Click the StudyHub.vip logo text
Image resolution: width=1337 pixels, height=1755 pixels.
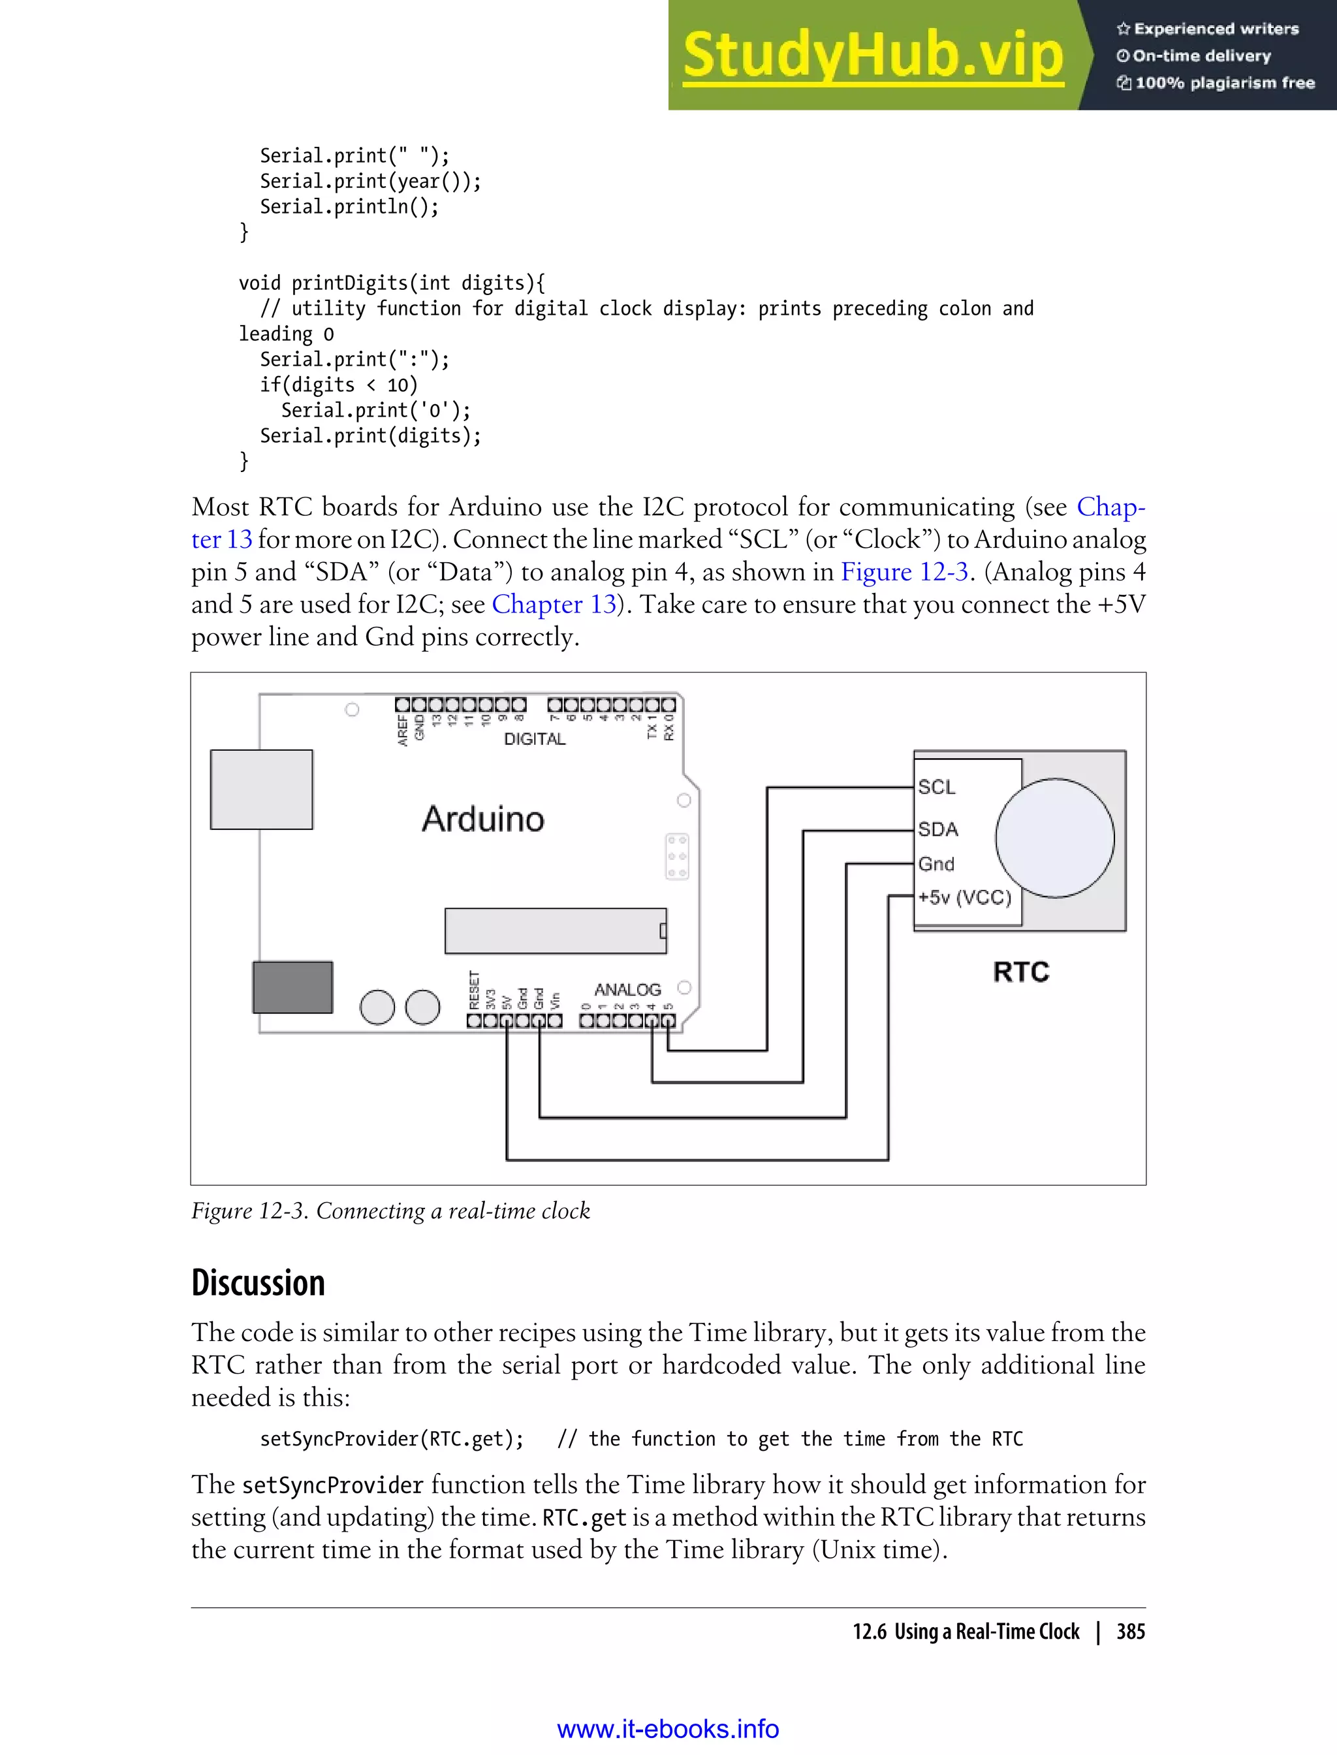tap(873, 55)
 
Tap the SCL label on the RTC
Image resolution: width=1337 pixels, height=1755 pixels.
tap(936, 787)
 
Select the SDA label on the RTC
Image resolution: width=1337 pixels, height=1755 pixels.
tap(937, 829)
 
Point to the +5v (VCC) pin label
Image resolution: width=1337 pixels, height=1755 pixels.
tap(964, 898)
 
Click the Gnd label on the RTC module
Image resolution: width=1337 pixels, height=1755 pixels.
tap(936, 864)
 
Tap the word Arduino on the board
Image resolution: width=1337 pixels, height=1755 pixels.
tap(483, 819)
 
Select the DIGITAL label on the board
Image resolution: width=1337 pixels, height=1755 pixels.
tap(534, 739)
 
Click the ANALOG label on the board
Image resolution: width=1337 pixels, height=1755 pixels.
tap(627, 989)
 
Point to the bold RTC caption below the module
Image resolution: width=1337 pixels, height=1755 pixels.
tap(1021, 972)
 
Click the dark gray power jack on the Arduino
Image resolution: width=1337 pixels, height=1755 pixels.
tap(292, 987)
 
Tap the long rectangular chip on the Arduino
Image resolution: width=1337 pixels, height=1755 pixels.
tap(555, 930)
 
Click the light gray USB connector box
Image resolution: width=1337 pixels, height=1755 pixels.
tap(261, 789)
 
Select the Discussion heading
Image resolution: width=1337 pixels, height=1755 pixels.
tap(258, 1283)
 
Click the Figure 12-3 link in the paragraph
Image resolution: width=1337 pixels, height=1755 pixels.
tap(904, 572)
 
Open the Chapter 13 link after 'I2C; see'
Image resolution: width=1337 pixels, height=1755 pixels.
tap(554, 605)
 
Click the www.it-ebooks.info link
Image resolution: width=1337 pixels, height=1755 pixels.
tap(668, 1729)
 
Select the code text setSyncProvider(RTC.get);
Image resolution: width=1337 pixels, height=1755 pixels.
tap(392, 1439)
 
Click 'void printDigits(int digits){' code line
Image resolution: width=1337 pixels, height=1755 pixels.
tap(392, 283)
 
